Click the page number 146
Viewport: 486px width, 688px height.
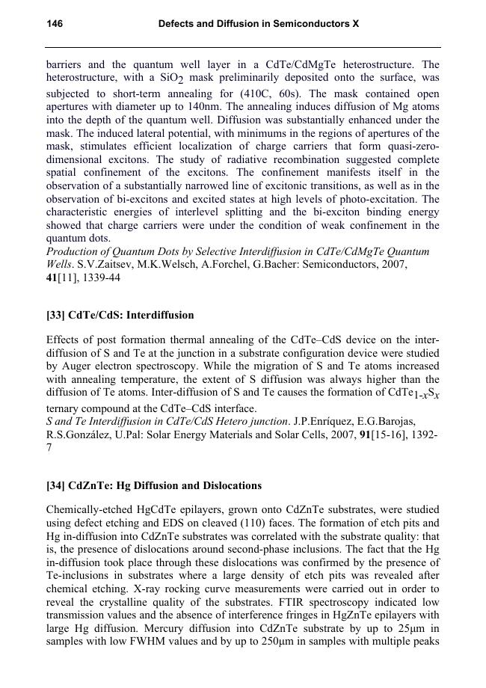55,24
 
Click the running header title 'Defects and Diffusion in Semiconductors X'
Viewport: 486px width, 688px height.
259,24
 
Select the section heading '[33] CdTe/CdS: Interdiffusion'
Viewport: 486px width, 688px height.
120,315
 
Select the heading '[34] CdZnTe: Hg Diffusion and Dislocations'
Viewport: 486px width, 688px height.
153,485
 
